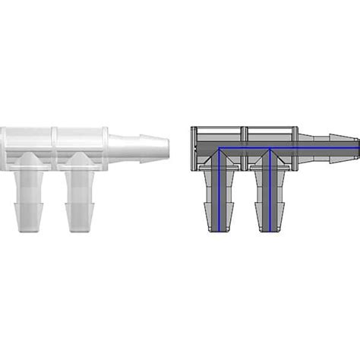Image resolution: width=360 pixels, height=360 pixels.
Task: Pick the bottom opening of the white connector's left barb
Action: (27, 229)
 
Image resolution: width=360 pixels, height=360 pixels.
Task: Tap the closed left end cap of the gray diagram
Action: (192, 144)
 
